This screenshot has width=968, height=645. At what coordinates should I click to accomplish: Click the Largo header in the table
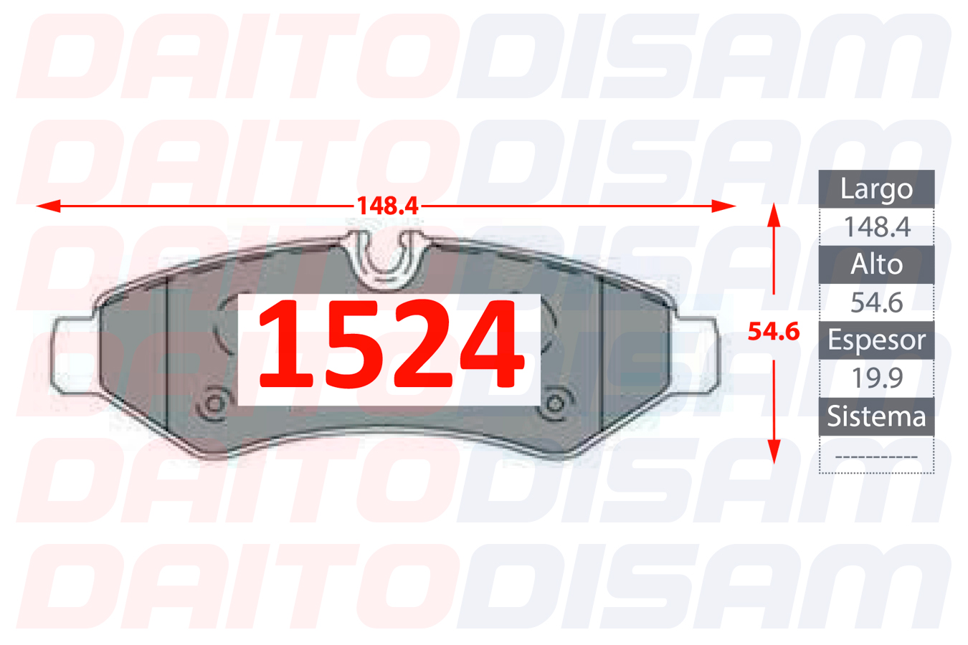876,189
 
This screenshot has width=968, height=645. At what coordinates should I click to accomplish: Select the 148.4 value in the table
877,226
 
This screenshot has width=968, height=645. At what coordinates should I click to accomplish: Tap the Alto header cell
876,264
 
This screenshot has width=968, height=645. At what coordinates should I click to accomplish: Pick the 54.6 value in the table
877,302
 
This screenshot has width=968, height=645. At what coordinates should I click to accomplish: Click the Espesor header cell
876,340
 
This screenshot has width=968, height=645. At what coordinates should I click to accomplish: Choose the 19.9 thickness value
877,378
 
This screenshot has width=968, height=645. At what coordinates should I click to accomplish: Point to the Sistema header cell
876,416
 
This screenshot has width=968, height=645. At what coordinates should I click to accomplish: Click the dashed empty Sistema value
876,457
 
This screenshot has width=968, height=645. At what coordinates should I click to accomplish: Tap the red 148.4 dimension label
388,206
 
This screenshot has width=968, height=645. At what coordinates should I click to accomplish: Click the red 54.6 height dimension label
774,331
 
